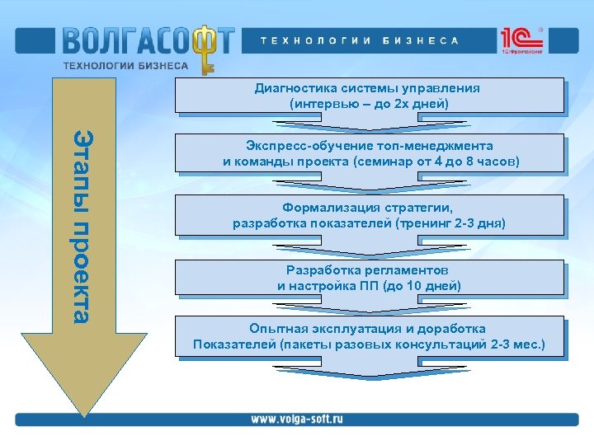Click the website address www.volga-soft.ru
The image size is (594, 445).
296,419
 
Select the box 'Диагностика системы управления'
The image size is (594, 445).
369,96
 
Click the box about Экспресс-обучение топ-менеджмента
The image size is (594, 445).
370,153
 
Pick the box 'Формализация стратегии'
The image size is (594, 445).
369,215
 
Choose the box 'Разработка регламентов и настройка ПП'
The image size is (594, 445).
369,278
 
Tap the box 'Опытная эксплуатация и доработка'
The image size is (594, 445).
369,336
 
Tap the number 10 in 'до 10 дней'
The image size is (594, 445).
416,286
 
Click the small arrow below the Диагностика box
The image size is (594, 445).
369,124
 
